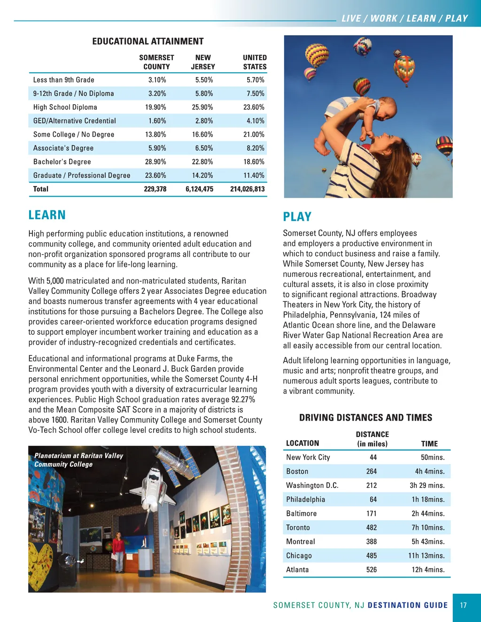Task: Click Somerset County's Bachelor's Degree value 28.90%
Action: pos(155,161)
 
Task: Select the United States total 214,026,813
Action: pos(247,189)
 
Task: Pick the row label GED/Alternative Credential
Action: pos(74,121)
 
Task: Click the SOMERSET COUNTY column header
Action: pos(156,62)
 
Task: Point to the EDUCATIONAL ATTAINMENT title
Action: pos(148,41)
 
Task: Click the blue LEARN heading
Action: pos(47,215)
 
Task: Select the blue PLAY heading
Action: pos(297,216)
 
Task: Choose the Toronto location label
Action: pos(298,528)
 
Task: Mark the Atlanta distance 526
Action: pos(372,570)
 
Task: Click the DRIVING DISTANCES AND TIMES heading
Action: pos(365,418)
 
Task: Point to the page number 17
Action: pos(464,606)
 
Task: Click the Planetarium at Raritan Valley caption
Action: pos(78,460)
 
